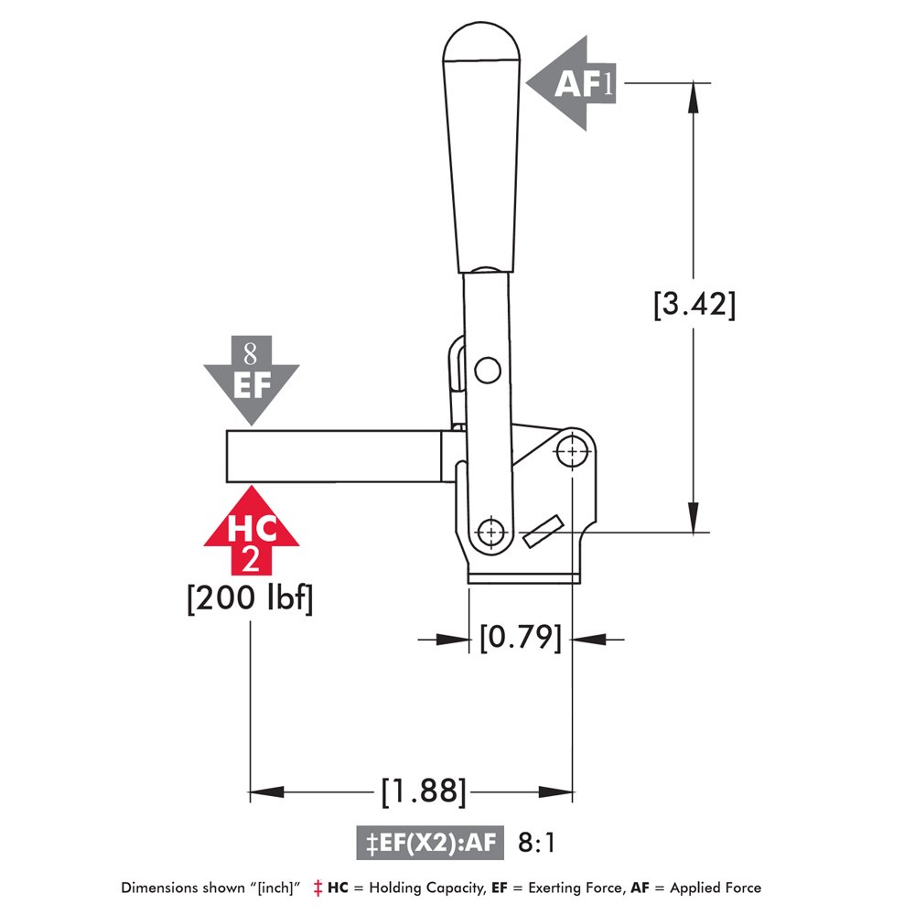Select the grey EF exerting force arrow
[251, 378]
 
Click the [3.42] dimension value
[694, 304]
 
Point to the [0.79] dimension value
[520, 637]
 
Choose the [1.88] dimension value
[424, 791]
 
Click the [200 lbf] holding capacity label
[250, 600]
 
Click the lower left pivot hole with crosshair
[492, 532]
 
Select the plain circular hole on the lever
[488, 370]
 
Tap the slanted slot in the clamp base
[542, 532]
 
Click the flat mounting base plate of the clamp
[523, 576]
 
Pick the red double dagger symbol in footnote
[318, 888]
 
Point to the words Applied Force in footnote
[717, 888]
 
